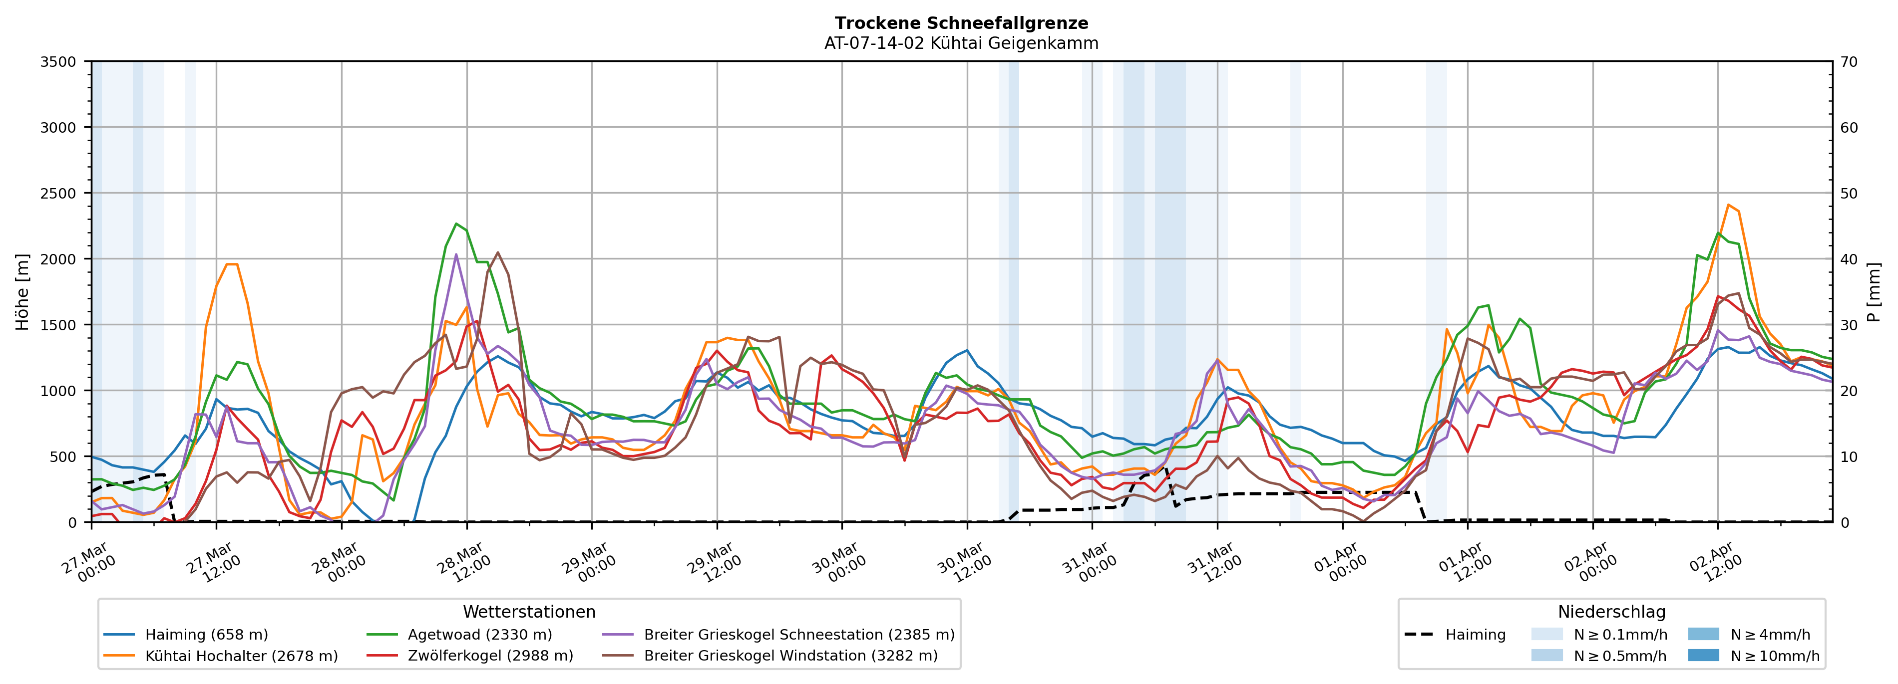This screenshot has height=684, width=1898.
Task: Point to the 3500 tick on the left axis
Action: click(x=58, y=62)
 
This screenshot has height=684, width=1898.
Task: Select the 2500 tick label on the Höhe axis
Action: click(x=58, y=194)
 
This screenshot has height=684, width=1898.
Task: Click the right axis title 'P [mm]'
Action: click(x=1875, y=292)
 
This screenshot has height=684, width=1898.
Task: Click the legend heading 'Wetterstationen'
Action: click(x=529, y=612)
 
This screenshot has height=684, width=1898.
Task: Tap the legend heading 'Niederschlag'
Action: click(x=1611, y=612)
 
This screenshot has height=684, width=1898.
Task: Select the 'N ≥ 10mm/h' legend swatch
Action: click(x=1703, y=655)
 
